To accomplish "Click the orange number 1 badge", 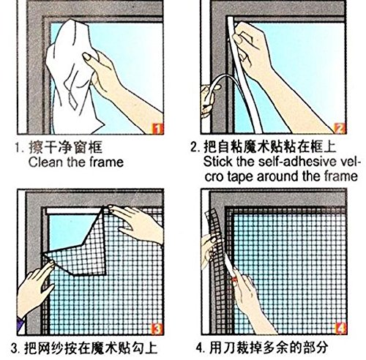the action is click(x=157, y=129).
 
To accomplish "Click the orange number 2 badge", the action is click(x=340, y=128).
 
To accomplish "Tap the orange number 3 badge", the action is click(x=157, y=329).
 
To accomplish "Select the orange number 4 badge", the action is click(x=340, y=329).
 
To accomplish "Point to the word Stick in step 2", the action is click(x=217, y=162).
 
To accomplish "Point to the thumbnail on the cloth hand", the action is click(x=86, y=57).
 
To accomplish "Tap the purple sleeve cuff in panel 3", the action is click(x=21, y=323).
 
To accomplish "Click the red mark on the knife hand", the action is click(x=234, y=280).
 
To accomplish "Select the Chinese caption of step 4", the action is click(x=269, y=348).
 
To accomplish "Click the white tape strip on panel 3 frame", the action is click(x=73, y=211).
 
